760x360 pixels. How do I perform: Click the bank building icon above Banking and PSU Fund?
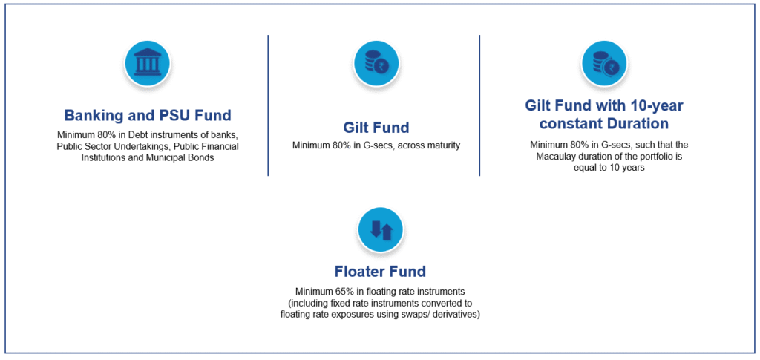click(148, 64)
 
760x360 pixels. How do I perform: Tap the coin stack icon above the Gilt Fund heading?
click(376, 64)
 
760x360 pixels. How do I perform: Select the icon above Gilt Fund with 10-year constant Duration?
click(603, 64)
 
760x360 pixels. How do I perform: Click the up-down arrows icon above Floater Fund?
click(381, 230)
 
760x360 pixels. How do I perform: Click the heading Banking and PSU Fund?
click(148, 116)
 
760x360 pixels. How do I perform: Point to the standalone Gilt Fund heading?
click(376, 128)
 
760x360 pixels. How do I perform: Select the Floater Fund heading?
click(381, 272)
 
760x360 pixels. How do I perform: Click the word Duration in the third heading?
click(638, 123)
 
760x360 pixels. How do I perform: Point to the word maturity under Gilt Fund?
click(444, 145)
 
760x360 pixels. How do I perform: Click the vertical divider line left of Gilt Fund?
click(268, 105)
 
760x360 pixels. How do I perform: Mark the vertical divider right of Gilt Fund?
click(480, 105)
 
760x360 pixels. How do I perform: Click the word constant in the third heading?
click(571, 123)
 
